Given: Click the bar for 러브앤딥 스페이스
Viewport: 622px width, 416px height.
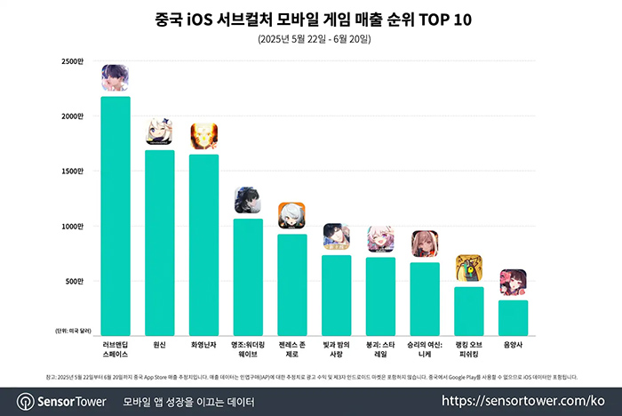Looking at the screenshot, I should click(116, 213).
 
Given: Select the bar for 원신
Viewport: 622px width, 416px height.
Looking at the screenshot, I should click(160, 240).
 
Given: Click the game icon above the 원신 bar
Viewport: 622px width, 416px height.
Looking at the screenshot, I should click(160, 132).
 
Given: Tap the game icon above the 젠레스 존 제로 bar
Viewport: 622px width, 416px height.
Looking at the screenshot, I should click(292, 216).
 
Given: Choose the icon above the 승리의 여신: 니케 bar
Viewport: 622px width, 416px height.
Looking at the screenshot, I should click(425, 244).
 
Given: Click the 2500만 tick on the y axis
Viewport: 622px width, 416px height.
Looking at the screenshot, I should click(73, 61).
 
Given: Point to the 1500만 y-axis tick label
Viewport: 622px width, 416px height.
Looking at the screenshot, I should click(73, 172).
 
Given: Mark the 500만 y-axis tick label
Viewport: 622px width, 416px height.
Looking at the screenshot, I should click(75, 282).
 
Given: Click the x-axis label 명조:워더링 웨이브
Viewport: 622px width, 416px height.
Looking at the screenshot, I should click(248, 348).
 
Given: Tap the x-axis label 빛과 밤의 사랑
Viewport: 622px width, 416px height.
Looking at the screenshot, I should click(336, 348).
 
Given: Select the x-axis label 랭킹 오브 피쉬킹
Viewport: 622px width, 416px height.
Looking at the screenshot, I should click(469, 348).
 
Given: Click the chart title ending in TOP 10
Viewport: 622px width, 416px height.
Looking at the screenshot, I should click(311, 18).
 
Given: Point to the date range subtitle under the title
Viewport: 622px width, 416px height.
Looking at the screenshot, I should click(311, 40).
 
